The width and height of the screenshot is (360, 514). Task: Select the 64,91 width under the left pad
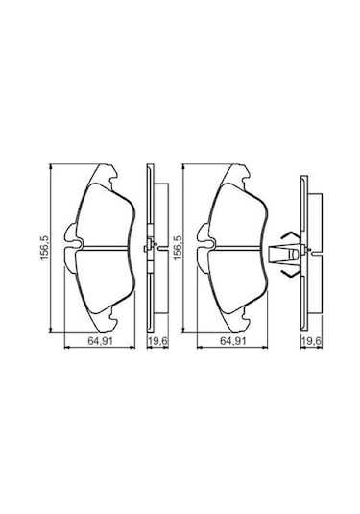[x=93, y=341]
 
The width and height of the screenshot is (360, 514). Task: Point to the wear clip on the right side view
[x=284, y=254]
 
